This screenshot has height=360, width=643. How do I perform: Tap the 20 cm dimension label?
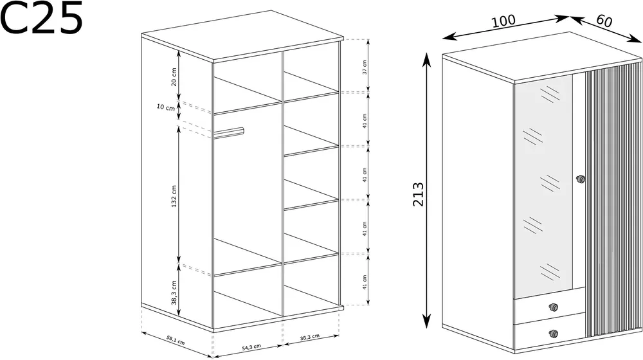(x=174, y=76)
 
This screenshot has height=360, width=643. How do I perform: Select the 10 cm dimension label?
(x=166, y=107)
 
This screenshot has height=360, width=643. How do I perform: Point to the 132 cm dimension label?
(x=174, y=196)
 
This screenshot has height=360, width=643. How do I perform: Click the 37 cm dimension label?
(x=365, y=67)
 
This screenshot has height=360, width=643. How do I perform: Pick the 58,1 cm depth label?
(x=176, y=339)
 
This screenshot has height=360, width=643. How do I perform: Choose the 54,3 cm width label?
(x=251, y=347)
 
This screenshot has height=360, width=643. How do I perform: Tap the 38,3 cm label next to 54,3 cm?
(x=310, y=337)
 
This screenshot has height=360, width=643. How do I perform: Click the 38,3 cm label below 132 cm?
(x=174, y=292)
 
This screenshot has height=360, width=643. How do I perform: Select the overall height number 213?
(x=418, y=194)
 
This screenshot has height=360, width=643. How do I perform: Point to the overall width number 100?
(x=503, y=21)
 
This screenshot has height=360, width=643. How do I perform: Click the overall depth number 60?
(x=604, y=21)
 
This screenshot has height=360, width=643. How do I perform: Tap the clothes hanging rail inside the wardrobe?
(x=229, y=132)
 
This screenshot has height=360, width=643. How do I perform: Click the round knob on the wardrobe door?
(x=580, y=179)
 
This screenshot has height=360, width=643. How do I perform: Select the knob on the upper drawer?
(x=553, y=307)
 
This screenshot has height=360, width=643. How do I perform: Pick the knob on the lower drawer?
(x=553, y=334)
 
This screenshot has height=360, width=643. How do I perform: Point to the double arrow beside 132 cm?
(x=179, y=193)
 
